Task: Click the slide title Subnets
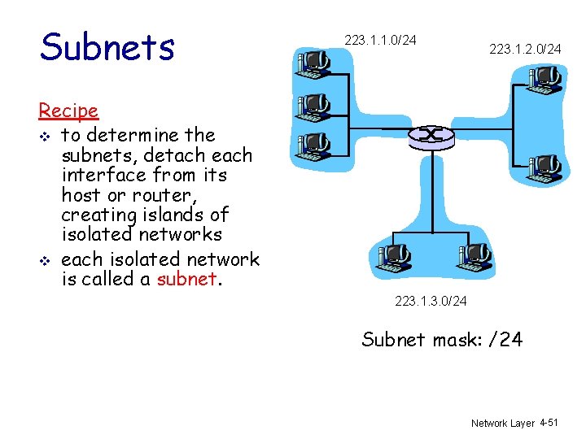[x=107, y=47]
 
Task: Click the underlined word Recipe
[x=68, y=111]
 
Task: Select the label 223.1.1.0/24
[x=380, y=39]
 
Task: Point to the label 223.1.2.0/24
[x=525, y=50]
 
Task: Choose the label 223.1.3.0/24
[x=431, y=302]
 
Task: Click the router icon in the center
[x=431, y=137]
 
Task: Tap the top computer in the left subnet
[x=313, y=64]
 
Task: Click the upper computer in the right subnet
[x=544, y=80]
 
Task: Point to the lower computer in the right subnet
[x=543, y=168]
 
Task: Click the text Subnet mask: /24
[x=442, y=339]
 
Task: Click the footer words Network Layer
[x=502, y=424]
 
